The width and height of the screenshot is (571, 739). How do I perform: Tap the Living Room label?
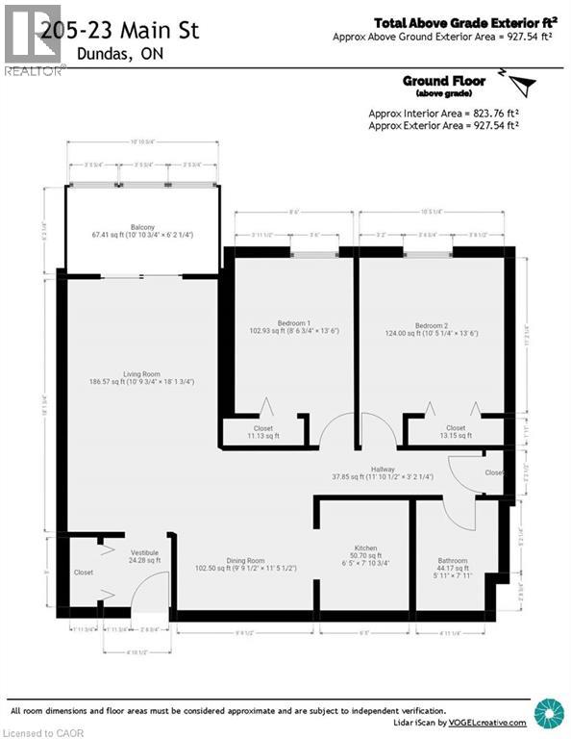(140, 374)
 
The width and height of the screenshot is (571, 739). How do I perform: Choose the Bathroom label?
(452, 560)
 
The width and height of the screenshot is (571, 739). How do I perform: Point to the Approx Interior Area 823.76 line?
(443, 113)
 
